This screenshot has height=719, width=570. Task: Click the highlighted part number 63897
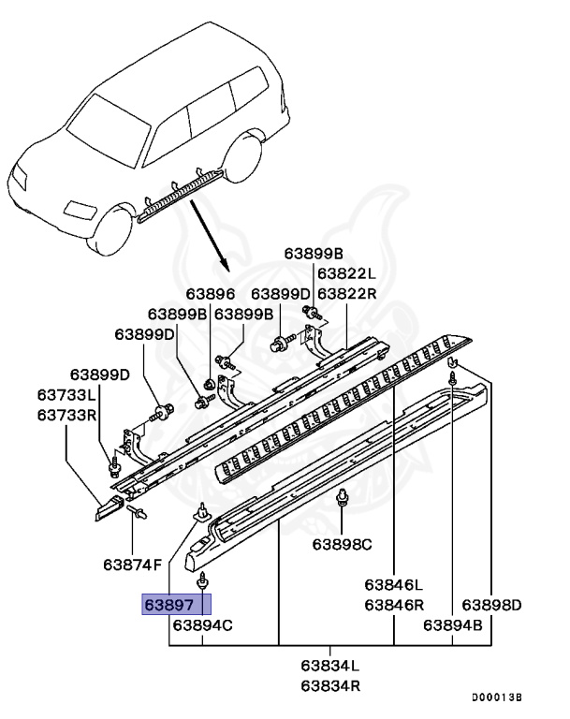tap(176, 605)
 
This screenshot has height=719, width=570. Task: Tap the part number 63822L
tap(345, 274)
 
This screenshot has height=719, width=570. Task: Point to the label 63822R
tap(345, 293)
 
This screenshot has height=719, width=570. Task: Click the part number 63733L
tap(66, 395)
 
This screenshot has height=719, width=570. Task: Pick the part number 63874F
tap(132, 565)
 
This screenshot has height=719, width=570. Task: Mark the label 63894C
tap(202, 624)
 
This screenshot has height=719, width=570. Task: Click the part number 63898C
tap(342, 544)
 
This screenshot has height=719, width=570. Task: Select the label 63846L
tap(394, 585)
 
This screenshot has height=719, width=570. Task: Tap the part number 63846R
tap(394, 605)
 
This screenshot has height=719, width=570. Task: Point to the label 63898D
tap(491, 605)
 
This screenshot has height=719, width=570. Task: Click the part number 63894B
tap(453, 624)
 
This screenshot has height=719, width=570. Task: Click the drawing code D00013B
tap(496, 698)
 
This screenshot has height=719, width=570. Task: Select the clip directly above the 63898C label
tap(342, 498)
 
